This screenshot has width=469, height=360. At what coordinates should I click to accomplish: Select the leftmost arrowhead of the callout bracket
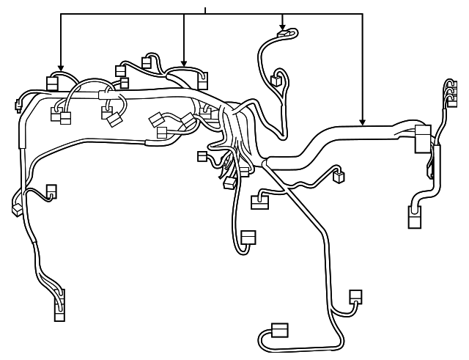coord(60,67)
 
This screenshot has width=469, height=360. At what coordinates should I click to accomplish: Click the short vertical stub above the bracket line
coord(206,10)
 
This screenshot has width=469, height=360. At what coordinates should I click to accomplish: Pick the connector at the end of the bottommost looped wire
coord(279,329)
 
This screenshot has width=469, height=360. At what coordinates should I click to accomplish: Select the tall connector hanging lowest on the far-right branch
coord(414,218)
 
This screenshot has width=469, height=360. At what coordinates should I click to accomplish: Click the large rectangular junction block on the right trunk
coord(423,139)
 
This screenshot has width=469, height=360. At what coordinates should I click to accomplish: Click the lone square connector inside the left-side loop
coord(51,191)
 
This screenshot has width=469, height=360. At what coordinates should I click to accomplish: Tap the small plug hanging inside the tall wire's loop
coord(278,80)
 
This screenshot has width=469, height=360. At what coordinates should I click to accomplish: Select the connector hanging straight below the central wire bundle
coord(248,238)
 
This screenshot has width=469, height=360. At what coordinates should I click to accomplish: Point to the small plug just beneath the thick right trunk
coord(339,176)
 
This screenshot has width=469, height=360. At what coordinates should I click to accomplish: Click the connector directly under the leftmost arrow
coord(53,82)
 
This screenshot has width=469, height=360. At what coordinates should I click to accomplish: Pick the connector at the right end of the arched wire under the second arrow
coord(202,80)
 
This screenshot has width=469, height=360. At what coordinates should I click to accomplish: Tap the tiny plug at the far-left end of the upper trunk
coord(18,109)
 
